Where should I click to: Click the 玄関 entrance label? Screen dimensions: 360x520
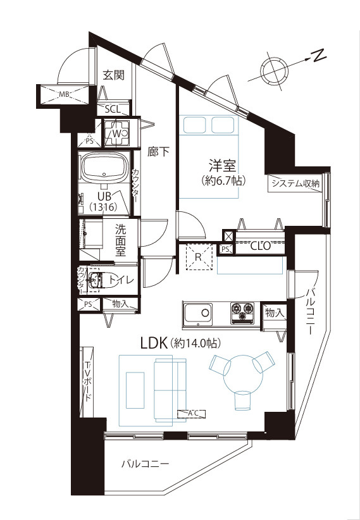(x=113, y=75)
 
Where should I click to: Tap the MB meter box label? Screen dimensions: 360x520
(x=64, y=94)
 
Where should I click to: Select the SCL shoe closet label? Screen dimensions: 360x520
(x=113, y=109)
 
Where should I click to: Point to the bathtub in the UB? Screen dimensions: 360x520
(x=105, y=168)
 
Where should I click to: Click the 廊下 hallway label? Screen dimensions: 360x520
(x=158, y=152)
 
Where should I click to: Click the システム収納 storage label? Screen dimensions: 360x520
(x=295, y=183)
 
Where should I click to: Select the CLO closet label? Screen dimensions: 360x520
(x=261, y=246)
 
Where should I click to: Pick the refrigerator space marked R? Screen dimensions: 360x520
(x=199, y=257)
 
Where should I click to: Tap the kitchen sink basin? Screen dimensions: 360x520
(x=198, y=313)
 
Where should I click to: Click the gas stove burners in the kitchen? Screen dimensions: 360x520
(x=242, y=313)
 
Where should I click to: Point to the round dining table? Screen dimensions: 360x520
(x=243, y=374)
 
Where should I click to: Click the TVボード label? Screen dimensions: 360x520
(x=87, y=381)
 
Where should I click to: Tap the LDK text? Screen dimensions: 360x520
(x=153, y=344)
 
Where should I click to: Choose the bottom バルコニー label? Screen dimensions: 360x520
(x=145, y=463)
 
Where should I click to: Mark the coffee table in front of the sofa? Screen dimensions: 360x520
(x=135, y=390)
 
